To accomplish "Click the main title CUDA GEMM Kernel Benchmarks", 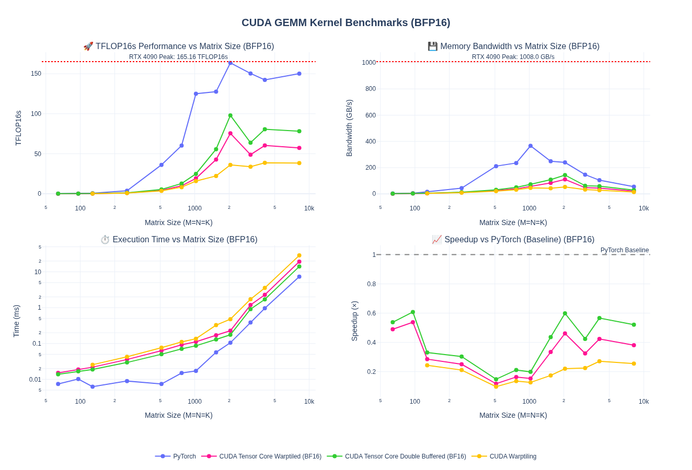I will click(345, 22).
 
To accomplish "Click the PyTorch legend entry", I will click(184, 456).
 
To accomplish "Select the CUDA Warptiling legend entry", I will click(513, 456).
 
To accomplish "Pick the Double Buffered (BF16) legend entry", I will click(405, 456).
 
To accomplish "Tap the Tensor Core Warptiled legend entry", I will click(270, 456).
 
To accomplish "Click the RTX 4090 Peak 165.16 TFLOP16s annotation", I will click(178, 57).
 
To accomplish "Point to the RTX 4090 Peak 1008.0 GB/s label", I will click(513, 57).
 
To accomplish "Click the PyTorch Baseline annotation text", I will click(624, 250).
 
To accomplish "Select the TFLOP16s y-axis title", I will click(18, 128).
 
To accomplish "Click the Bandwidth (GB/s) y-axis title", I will click(349, 128).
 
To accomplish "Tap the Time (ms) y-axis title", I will click(16, 321).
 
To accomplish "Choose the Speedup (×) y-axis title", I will click(354, 321).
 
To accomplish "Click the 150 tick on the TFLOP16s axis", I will click(36, 74).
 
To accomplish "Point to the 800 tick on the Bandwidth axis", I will click(371, 89).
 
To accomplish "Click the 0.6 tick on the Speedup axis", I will click(371, 313).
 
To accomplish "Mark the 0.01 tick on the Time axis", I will click(35, 380).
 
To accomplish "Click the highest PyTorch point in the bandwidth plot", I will click(530, 146).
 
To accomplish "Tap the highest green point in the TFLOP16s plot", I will click(230, 115).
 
